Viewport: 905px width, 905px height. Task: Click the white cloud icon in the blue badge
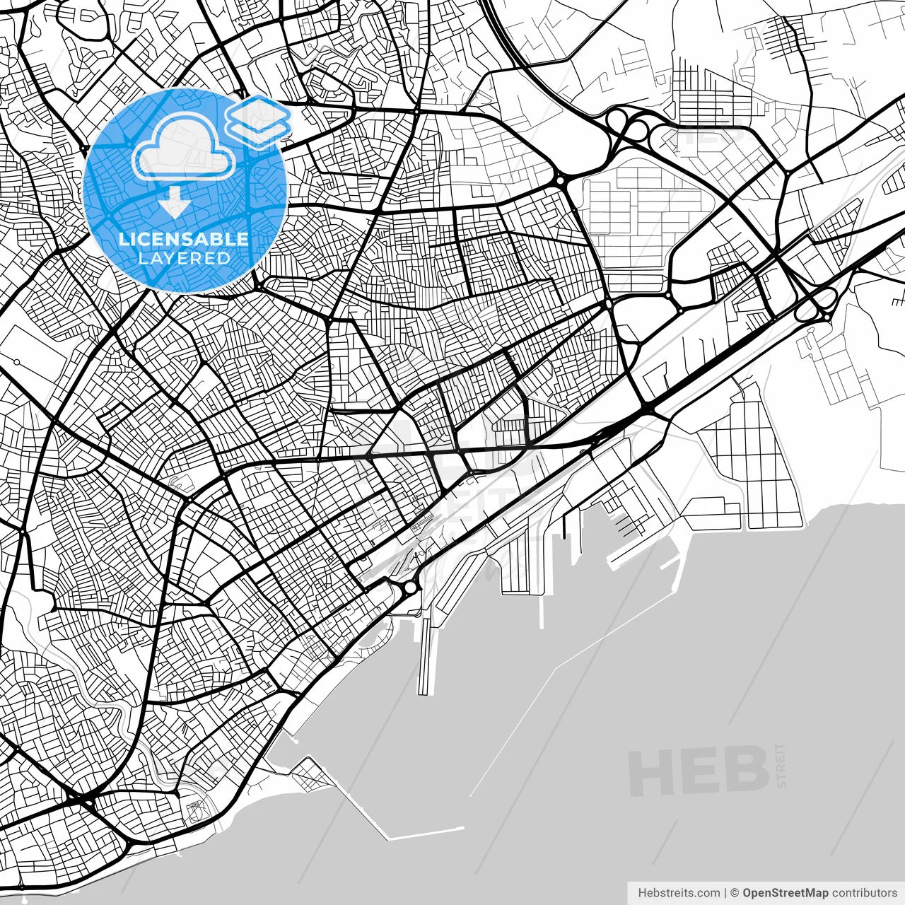pyautogui.click(x=184, y=146)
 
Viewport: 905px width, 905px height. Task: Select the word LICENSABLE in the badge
pyautogui.click(x=184, y=239)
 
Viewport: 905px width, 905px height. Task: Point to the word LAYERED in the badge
pyautogui.click(x=184, y=258)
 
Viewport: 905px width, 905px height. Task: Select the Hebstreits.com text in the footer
pyautogui.click(x=679, y=893)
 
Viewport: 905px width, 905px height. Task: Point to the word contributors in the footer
pyautogui.click(x=864, y=893)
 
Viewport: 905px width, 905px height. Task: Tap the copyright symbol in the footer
pyautogui.click(x=735, y=893)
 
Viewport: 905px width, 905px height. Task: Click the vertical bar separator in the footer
pyautogui.click(x=725, y=893)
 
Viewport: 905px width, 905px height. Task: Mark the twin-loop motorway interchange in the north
pyautogui.click(x=629, y=127)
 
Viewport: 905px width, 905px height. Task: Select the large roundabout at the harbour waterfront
pyautogui.click(x=409, y=588)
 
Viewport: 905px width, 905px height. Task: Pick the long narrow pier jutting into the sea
pyautogui.click(x=425, y=658)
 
